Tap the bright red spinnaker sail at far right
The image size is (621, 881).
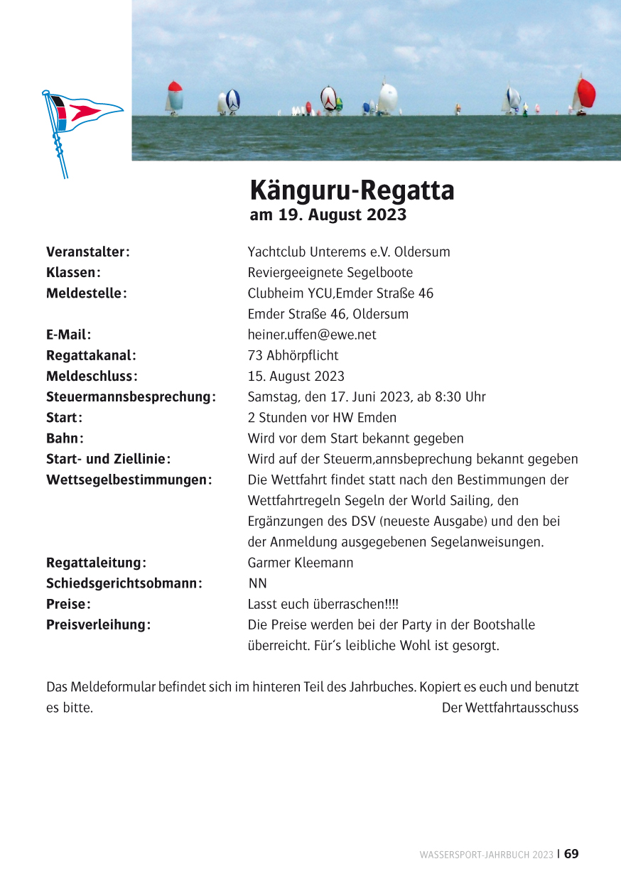coord(585,94)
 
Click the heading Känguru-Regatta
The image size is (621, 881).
coord(352,191)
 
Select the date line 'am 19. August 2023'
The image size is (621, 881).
coord(328,215)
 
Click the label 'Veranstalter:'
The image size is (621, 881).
coord(87,252)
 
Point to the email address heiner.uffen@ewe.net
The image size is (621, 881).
coord(312,335)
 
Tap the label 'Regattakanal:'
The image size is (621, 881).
coord(91,355)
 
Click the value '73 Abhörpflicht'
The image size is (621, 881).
coord(293,355)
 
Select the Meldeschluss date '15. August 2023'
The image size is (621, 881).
coord(296,376)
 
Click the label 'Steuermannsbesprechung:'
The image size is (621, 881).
coord(131,396)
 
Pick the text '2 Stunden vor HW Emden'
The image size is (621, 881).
coord(322,418)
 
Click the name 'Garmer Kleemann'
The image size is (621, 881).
coord(300,563)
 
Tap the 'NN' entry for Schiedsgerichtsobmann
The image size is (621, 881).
coord(258,584)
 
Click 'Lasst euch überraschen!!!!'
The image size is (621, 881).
coord(323,605)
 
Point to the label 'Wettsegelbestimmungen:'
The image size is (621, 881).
coord(129,480)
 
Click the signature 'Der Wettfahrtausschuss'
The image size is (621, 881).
coord(509,708)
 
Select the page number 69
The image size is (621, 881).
coord(571,854)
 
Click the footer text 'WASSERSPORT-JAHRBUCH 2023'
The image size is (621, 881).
coord(486,855)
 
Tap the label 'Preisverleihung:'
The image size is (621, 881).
coord(98,625)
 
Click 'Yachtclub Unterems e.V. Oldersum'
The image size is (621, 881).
coord(348,252)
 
